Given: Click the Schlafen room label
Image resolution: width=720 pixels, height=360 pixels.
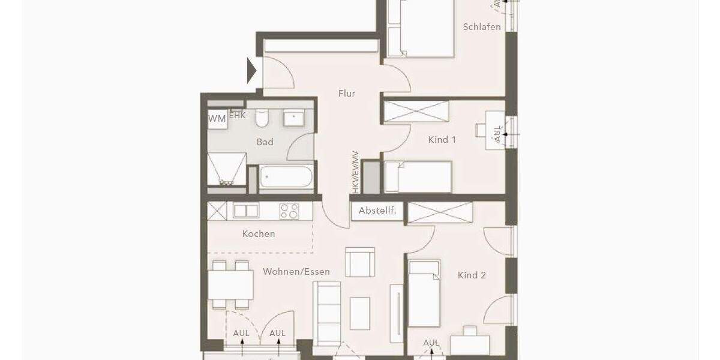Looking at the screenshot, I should pos(482,27).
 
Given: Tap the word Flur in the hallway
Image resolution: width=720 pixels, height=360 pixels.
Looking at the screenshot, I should pos(347,94).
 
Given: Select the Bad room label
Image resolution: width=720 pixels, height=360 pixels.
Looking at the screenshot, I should pos(265,142).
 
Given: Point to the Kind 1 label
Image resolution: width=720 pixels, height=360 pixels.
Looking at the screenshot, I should pos(442,140).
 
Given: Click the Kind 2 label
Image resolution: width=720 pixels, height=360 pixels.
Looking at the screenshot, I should pos(472,275).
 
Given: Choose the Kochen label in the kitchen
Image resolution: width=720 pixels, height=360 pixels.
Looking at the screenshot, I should pos(259,234).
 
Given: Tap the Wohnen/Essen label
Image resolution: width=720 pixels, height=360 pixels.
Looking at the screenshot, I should pos(296,272).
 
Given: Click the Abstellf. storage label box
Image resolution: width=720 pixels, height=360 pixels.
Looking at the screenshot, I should pos(377,211).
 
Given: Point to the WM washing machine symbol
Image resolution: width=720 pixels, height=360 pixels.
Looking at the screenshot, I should pos(217,119).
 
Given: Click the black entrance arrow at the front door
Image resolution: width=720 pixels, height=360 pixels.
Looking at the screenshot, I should pos(252,71).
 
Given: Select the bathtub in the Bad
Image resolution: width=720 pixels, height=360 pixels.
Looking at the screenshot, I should pos(286,178).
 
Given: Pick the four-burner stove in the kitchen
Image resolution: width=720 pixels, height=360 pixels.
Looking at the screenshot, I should pos(289,211).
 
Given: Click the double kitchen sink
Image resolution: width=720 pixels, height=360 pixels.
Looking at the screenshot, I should pos(246,211).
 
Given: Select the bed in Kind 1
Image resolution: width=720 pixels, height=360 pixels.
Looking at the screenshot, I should pos(418,177).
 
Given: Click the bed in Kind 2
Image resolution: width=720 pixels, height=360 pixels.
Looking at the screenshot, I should pos(424,294).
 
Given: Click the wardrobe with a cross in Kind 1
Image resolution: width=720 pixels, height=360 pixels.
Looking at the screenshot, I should pos(416,112).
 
